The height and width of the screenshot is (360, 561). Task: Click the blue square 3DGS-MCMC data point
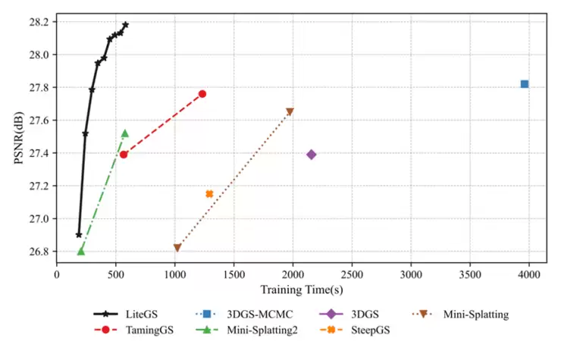tap(524, 84)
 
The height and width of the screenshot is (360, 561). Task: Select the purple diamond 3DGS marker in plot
tap(311, 155)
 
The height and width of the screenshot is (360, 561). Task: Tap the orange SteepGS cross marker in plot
tap(209, 194)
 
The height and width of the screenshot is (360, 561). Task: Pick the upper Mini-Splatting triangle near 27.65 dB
tap(290, 112)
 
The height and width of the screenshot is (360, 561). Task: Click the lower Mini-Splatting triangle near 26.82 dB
tap(177, 248)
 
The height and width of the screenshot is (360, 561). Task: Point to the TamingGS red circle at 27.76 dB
tap(202, 94)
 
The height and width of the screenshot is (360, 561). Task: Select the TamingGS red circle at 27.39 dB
tap(124, 155)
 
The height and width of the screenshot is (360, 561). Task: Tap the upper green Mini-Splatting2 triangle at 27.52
tap(125, 133)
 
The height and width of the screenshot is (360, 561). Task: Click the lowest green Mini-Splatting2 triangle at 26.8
tap(80, 251)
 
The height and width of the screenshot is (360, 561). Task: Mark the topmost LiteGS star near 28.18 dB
tap(126, 25)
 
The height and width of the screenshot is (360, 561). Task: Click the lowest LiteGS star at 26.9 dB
tap(79, 235)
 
